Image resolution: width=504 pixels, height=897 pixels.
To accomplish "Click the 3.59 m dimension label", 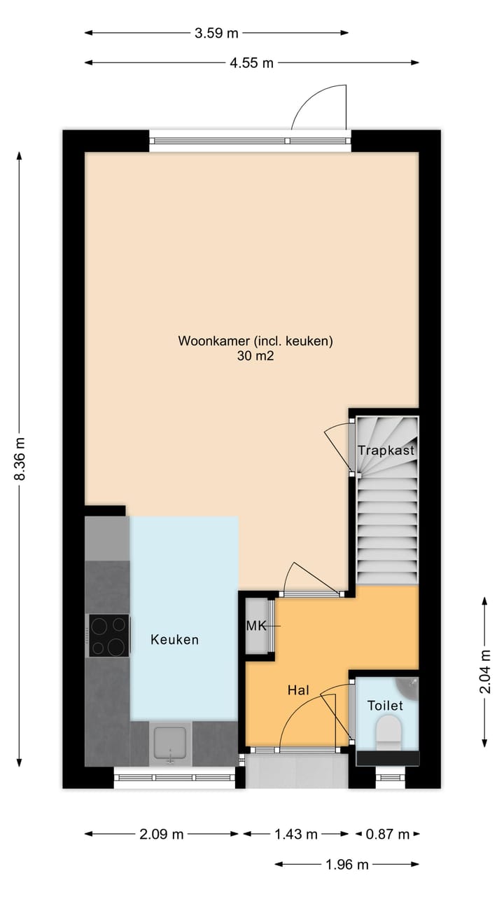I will [217, 32].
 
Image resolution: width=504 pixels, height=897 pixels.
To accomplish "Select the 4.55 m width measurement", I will [252, 62].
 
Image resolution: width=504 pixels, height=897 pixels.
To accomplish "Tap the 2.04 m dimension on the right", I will [484, 671].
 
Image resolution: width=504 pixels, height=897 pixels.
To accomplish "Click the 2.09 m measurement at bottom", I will [162, 834].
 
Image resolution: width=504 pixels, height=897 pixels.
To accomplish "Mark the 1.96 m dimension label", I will [346, 865].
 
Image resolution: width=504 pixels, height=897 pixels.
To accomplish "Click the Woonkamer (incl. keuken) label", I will [255, 341].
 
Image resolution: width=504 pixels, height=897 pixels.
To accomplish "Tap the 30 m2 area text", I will [255, 356].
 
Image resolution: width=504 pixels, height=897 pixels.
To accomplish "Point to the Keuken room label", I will [175, 639].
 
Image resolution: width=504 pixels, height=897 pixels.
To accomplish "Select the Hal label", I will [298, 690].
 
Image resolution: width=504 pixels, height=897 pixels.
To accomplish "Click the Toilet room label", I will [386, 705].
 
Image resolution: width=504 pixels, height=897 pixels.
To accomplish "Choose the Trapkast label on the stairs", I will [386, 451].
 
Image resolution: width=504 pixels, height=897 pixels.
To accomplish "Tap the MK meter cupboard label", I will [256, 626].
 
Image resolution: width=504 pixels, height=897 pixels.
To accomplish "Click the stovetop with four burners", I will [108, 636].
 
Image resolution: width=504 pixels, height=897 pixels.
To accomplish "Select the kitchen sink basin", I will [170, 743].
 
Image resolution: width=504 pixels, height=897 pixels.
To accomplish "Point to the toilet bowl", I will [388, 734].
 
